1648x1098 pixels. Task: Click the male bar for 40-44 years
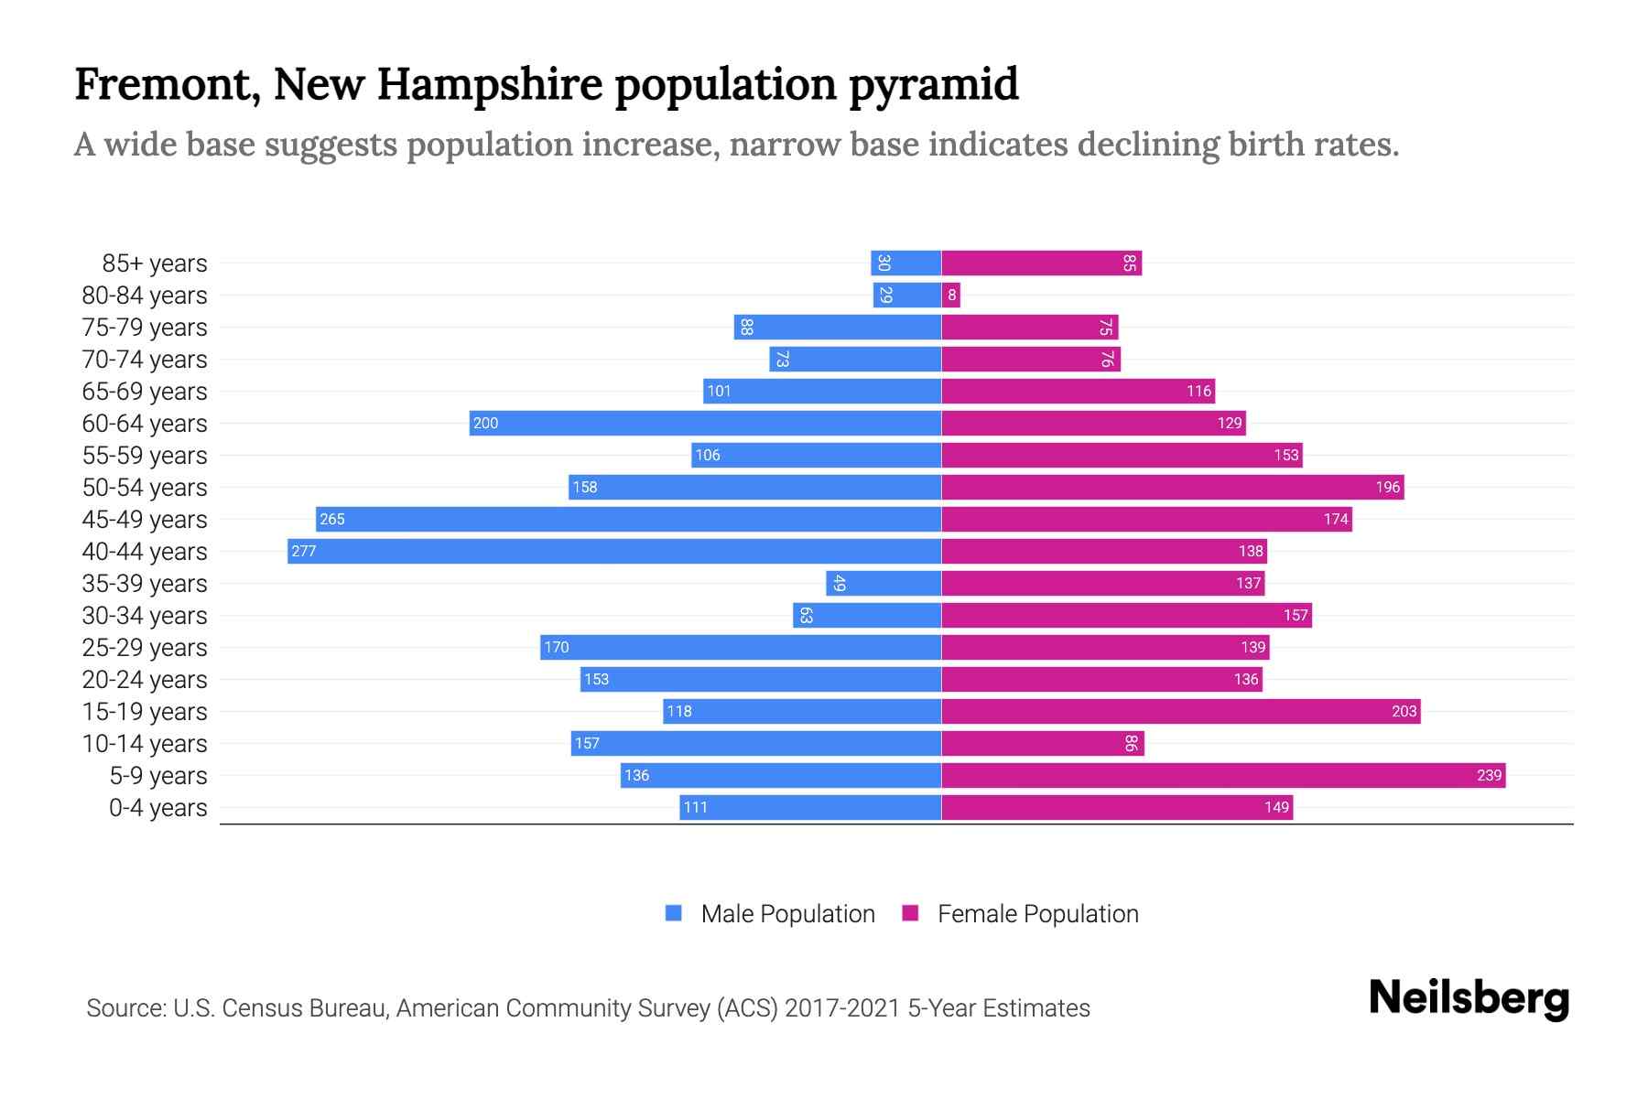(x=613, y=551)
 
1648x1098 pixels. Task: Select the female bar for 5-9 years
(x=1222, y=775)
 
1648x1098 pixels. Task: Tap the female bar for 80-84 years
(x=951, y=295)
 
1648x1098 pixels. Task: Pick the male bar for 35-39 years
(x=884, y=583)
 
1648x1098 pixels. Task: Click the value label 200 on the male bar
(x=485, y=423)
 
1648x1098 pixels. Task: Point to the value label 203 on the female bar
(x=1404, y=711)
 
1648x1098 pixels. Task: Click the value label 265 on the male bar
(x=331, y=519)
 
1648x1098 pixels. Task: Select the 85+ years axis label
(x=154, y=264)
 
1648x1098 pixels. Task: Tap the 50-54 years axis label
(x=145, y=488)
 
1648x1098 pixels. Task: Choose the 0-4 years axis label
(x=157, y=808)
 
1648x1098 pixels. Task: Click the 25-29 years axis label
(x=145, y=648)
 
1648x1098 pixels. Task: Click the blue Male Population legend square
(x=674, y=913)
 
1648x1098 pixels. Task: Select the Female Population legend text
(x=1037, y=914)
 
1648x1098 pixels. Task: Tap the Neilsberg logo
(x=1469, y=998)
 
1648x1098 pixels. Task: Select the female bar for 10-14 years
(x=1042, y=743)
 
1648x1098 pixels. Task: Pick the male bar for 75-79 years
(x=837, y=327)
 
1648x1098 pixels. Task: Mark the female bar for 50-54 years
(x=1172, y=487)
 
